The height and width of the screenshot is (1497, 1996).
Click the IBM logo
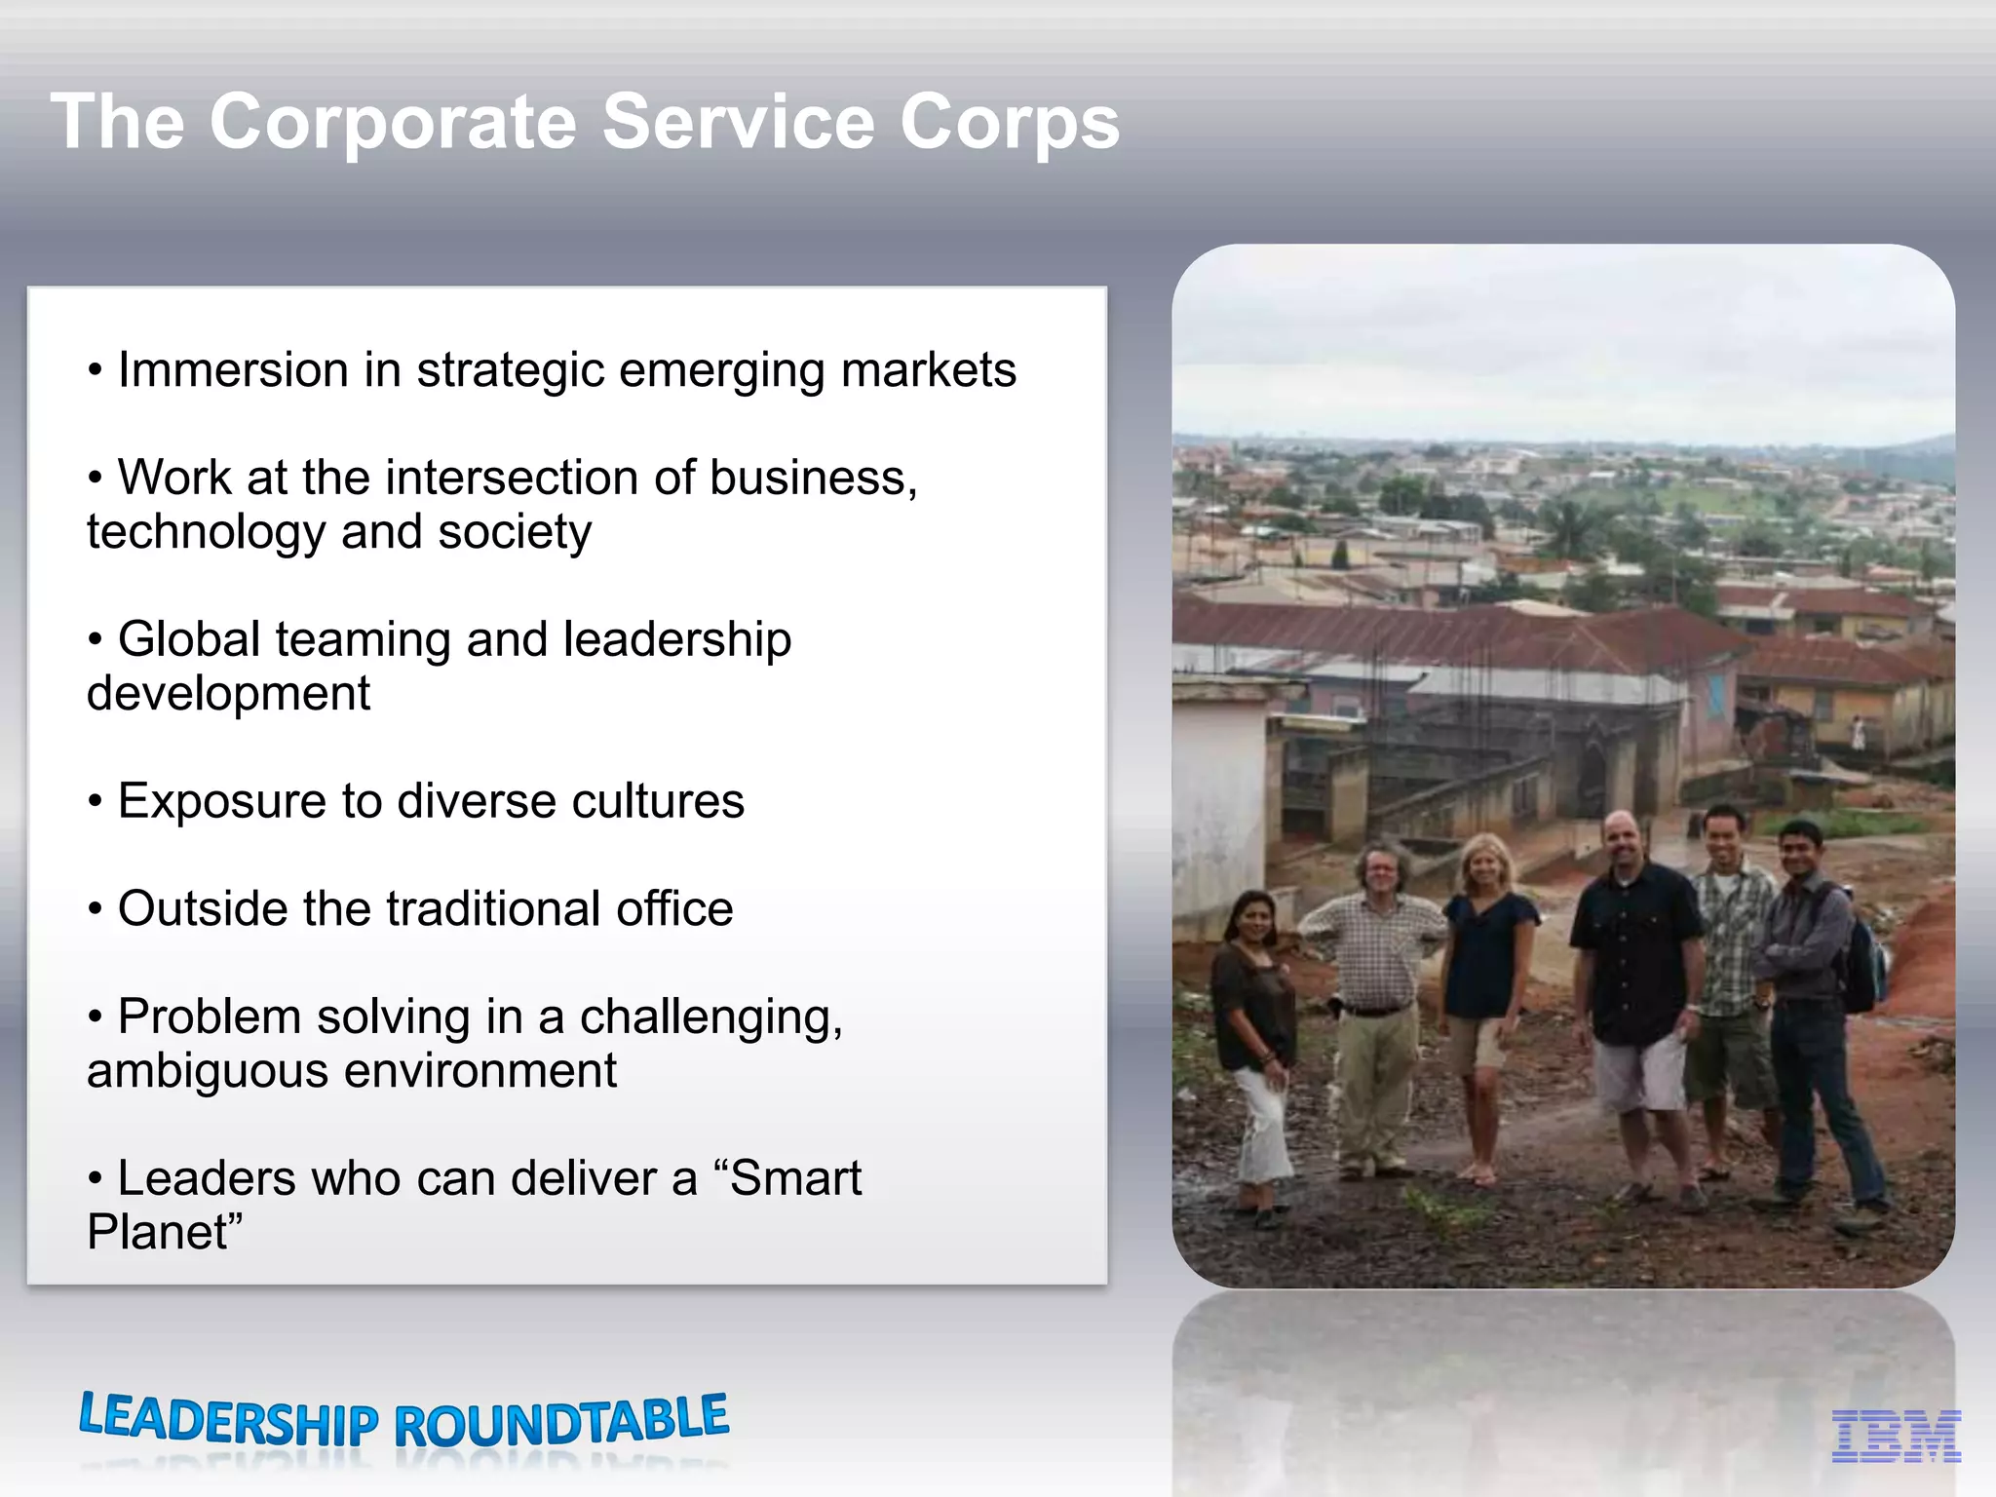pyautogui.click(x=1896, y=1436)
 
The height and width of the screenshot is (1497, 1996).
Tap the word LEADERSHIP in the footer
pyautogui.click(x=228, y=1420)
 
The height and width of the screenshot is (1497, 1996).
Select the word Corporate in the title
pyautogui.click(x=394, y=123)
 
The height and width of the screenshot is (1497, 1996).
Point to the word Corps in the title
pyautogui.click(x=1009, y=123)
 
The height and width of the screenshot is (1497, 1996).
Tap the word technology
pyautogui.click(x=206, y=532)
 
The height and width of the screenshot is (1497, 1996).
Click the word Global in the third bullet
pyautogui.click(x=189, y=640)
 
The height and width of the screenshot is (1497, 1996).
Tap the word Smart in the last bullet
pyautogui.click(x=795, y=1178)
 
